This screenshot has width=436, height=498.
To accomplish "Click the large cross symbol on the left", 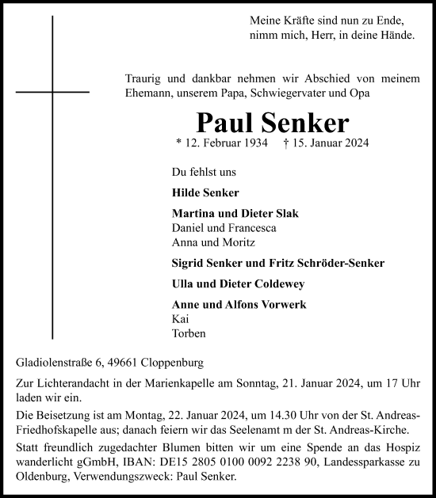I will (x=53, y=92).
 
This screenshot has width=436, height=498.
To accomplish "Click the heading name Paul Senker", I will (x=272, y=123).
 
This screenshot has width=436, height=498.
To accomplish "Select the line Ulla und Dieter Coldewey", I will (x=237, y=284).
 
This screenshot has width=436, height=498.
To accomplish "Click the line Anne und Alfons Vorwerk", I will (x=239, y=305).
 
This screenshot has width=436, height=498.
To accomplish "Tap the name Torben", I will (x=187, y=333).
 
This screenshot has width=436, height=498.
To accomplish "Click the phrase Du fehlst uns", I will (x=203, y=171).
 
